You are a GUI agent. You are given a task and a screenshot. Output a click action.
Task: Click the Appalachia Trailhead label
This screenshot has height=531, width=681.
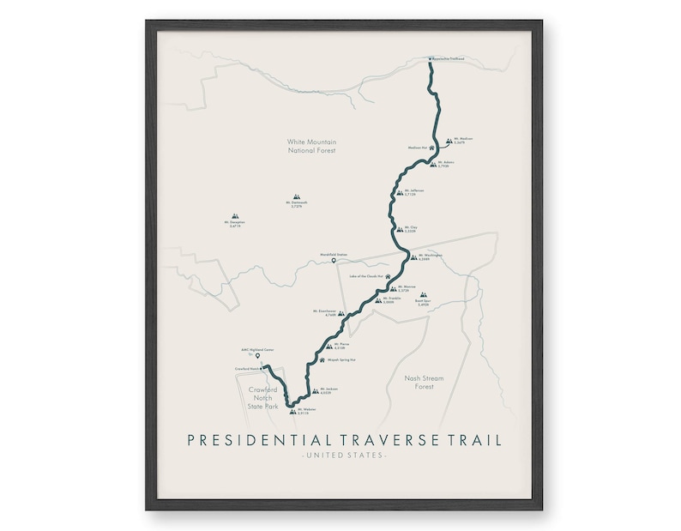[x=449, y=58]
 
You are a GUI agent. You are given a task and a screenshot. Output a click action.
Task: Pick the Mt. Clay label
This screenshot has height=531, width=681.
[x=413, y=229]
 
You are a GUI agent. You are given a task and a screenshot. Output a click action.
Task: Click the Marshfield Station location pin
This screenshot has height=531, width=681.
[x=334, y=261]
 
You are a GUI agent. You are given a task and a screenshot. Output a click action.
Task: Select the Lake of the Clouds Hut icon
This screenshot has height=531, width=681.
[x=388, y=276]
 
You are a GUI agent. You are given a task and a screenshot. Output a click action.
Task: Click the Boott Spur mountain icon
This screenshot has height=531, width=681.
[x=422, y=294]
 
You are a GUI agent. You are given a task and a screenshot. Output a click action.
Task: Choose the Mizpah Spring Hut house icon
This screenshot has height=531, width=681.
[x=322, y=361]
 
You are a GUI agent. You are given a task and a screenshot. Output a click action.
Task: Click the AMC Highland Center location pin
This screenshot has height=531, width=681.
[x=257, y=356]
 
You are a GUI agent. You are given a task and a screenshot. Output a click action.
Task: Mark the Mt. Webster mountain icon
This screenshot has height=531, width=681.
[x=293, y=412]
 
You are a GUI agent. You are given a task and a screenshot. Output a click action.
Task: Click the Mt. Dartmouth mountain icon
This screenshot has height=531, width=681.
[x=297, y=196]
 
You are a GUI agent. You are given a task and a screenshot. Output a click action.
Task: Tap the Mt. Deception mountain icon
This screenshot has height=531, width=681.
[x=236, y=218]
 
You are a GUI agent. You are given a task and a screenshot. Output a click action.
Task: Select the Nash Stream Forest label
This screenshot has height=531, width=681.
[x=420, y=382]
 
